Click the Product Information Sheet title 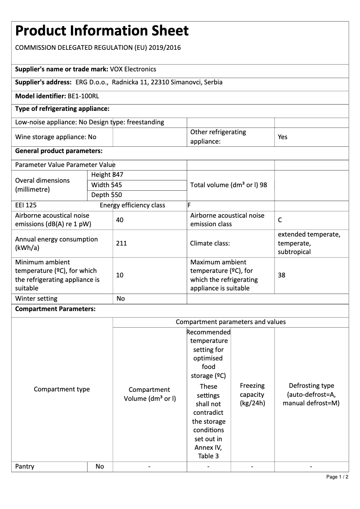click(102, 31)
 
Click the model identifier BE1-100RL click(83, 96)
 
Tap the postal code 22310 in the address click(160, 83)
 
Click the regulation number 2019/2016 click(165, 48)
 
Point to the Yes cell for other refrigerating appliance click(282, 137)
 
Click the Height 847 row click(107, 175)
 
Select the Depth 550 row click(106, 195)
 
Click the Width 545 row click(106, 185)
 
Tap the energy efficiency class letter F click(189, 206)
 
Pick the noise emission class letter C click(280, 220)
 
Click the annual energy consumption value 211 click(121, 243)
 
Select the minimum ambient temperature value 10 click(119, 275)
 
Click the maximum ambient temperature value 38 click(281, 275)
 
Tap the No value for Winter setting click(120, 298)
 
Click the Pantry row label click(25, 466)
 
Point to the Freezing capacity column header click(252, 394)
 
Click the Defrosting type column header click(311, 394)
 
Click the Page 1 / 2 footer click(337, 477)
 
